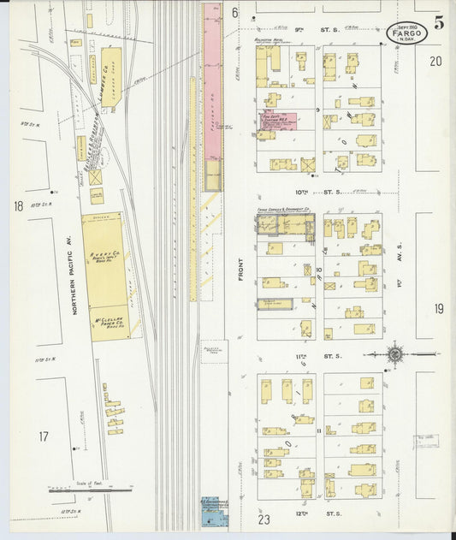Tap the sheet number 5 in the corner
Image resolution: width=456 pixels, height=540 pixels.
point(438,23)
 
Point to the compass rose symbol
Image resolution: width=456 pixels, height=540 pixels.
point(395,353)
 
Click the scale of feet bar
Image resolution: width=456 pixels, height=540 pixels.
point(91,490)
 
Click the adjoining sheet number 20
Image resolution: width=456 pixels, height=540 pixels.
point(436,61)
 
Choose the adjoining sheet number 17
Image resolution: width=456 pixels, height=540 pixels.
point(44,436)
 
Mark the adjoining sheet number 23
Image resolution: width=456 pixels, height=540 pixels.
point(264,518)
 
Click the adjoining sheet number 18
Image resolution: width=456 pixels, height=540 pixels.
point(18,205)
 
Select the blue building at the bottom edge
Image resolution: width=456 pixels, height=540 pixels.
point(210,511)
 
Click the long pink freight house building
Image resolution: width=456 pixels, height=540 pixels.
point(212,86)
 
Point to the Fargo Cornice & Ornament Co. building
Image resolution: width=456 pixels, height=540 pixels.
point(285,224)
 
